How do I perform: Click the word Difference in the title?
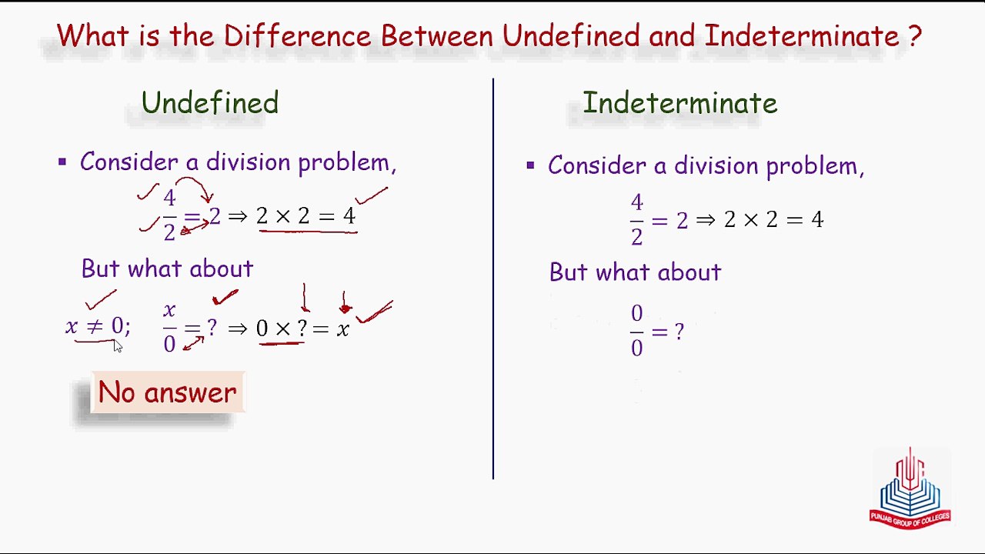(x=297, y=36)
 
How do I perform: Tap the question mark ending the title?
(x=914, y=36)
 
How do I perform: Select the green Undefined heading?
(x=209, y=103)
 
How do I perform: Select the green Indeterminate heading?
(x=679, y=103)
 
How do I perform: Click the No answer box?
(x=167, y=392)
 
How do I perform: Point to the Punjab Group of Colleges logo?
(x=910, y=489)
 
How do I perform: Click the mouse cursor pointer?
(x=117, y=346)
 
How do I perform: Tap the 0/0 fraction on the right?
(x=636, y=331)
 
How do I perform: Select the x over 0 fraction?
(x=169, y=328)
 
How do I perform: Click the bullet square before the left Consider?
(x=62, y=162)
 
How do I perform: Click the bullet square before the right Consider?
(x=530, y=165)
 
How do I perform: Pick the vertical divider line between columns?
(x=493, y=277)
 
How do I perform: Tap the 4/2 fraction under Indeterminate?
(x=636, y=220)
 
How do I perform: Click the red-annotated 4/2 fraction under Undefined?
(x=169, y=216)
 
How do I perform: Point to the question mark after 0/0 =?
(x=679, y=332)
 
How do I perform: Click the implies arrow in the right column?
(x=706, y=220)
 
